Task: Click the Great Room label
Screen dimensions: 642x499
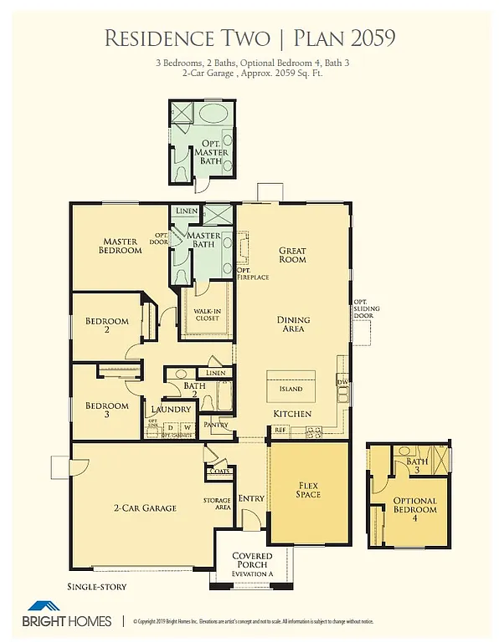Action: tap(292, 255)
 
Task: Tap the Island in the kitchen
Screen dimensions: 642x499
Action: tap(291, 388)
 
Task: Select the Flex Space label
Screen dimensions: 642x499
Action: tap(308, 489)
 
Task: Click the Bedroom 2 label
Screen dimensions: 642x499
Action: tap(106, 325)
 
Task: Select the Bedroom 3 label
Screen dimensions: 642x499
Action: tap(106, 410)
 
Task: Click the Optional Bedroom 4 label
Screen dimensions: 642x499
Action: tap(414, 510)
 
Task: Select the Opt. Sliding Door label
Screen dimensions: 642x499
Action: tap(366, 309)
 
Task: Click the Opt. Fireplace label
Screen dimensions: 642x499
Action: tap(252, 273)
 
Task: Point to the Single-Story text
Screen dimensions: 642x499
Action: tap(97, 587)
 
